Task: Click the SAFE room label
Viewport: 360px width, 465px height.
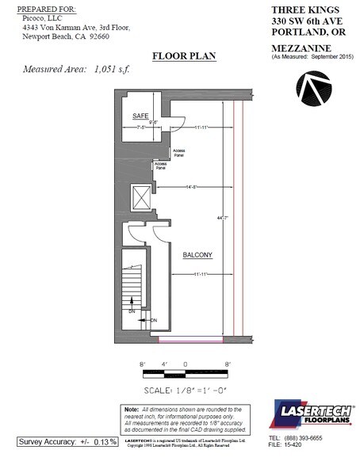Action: tap(140, 116)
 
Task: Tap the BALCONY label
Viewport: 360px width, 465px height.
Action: tap(197, 254)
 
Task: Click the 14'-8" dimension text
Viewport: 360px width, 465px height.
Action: tap(188, 188)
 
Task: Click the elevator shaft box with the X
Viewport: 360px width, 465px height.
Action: tap(140, 196)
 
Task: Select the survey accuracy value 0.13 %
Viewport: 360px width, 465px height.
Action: tap(101, 441)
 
